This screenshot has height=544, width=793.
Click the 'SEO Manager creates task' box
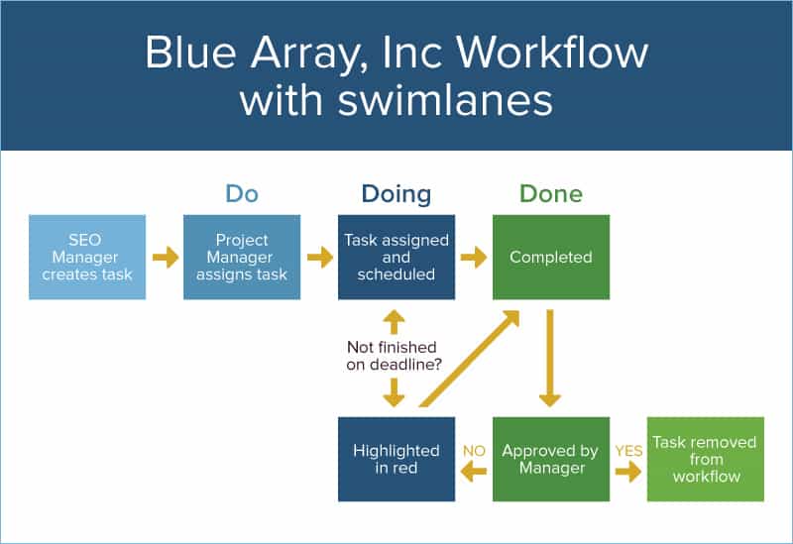87,258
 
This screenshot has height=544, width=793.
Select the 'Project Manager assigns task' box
242,258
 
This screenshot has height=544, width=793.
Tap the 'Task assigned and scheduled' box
396,258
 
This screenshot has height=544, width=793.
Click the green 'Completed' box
551,258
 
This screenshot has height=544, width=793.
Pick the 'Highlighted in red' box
396,459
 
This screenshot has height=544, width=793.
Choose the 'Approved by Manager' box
551,459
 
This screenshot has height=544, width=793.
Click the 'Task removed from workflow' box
706,459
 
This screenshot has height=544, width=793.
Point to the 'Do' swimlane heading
242,193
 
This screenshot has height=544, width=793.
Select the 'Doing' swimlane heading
396,193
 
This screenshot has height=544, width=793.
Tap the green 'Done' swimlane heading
551,193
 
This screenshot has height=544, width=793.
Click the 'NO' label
474,450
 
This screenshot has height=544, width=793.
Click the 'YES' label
628,450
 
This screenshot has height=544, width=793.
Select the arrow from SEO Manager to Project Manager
165,258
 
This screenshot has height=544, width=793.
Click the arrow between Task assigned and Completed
474,258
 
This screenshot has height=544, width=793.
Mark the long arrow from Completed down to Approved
550,358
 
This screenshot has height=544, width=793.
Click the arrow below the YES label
628,472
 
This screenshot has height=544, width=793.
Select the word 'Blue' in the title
193,52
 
